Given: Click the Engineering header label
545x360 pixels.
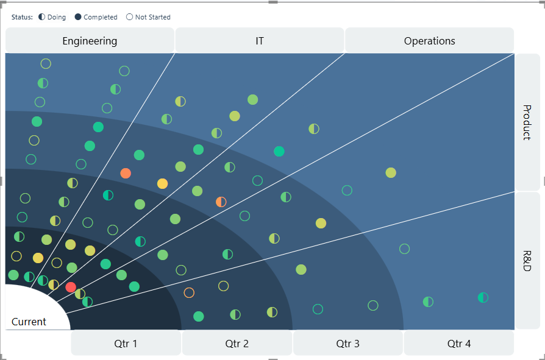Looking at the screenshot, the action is [90, 41].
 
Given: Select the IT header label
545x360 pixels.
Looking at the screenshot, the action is [260, 41].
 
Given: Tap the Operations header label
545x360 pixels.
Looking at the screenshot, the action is [430, 41].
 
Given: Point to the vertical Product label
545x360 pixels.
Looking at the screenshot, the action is [527, 122].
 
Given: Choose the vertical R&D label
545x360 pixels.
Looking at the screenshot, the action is [527, 261].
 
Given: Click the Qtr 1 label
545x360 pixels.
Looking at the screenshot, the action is [126, 344].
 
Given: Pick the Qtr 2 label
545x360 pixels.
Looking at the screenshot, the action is [237, 344].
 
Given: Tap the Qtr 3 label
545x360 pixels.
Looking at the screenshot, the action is [348, 344].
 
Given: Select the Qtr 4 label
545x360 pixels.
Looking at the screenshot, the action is [459, 344].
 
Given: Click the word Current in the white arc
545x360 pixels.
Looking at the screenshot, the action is [29, 322].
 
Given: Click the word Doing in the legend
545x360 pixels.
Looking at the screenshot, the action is [57, 17].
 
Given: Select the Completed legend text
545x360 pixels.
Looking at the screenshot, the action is [101, 17].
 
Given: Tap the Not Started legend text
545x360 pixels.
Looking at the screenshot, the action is [153, 17].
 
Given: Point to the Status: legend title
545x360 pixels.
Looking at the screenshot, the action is [22, 17].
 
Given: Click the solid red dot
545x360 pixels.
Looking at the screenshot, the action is [71, 287].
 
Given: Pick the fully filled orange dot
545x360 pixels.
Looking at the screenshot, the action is [126, 173].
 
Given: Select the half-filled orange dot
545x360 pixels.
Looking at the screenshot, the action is [221, 202].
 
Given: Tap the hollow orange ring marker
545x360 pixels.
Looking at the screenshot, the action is [189, 292].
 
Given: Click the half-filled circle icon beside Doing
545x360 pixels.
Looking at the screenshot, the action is [41, 17].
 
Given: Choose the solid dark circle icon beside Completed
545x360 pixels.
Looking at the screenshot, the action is [78, 17].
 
